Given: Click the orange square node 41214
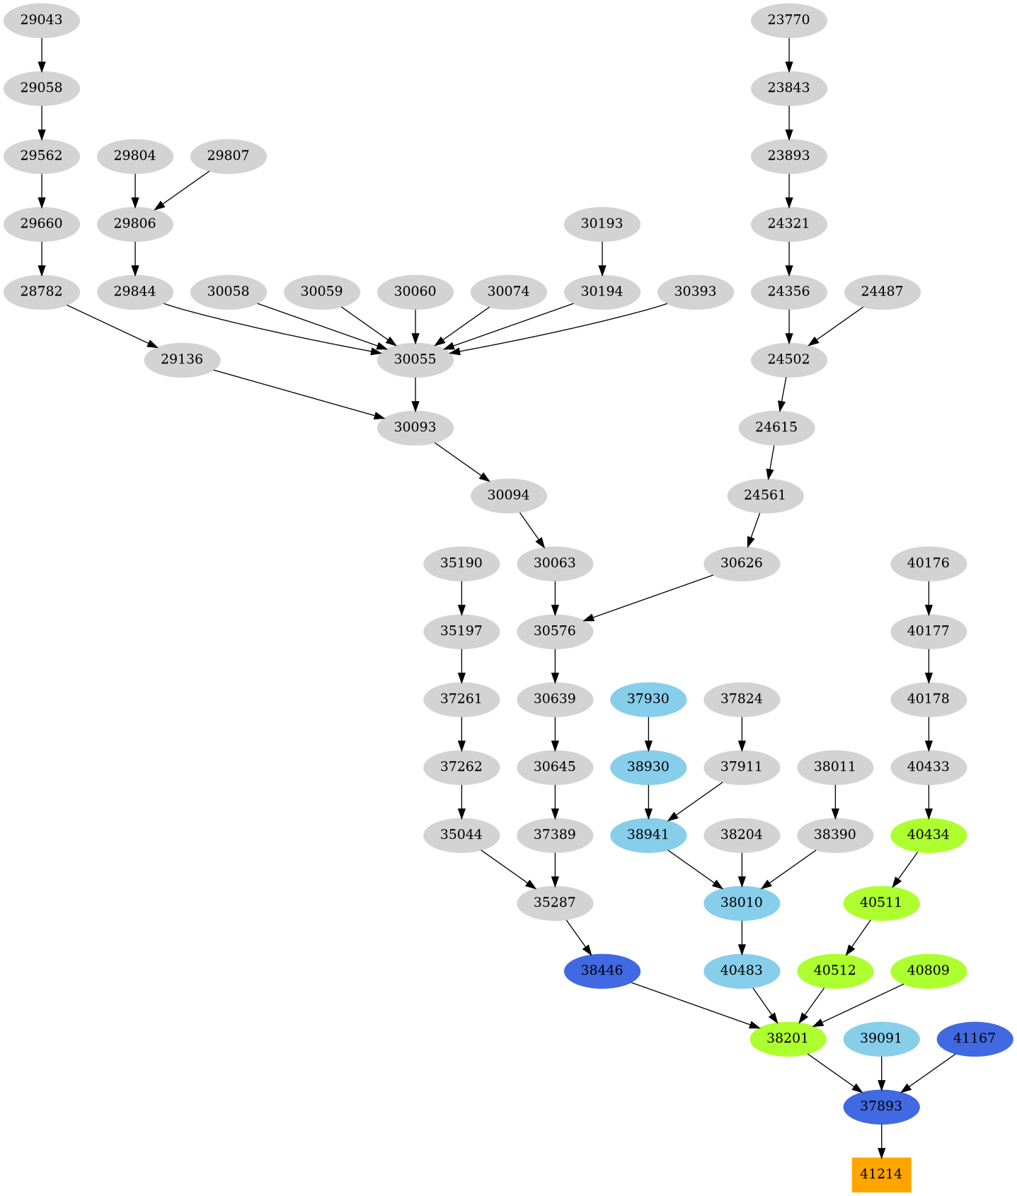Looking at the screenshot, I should [x=880, y=1174].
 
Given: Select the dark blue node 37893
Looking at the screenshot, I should [x=880, y=1106].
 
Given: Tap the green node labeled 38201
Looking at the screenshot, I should [x=788, y=1038].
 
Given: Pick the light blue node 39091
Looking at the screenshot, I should [x=880, y=1038].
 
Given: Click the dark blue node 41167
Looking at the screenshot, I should [x=974, y=1038].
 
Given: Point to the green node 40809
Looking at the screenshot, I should [x=927, y=970].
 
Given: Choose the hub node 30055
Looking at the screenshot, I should [x=415, y=359].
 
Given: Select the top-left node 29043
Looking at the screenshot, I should [x=41, y=20].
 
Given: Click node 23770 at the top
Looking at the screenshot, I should [x=788, y=20].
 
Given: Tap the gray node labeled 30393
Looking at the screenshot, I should [x=695, y=291].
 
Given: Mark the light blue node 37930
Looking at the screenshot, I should [x=648, y=699].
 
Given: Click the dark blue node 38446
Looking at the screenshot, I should [x=602, y=970].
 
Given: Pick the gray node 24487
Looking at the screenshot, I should [x=882, y=291].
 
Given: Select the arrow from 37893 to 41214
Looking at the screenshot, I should [x=880, y=1140].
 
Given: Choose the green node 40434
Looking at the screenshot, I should [x=927, y=835].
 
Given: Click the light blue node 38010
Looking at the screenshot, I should [x=742, y=902].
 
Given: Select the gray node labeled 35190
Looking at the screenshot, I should [x=461, y=563].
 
